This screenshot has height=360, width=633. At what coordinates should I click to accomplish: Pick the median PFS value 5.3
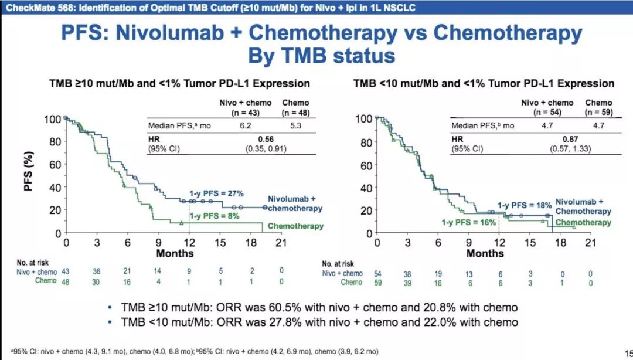295,125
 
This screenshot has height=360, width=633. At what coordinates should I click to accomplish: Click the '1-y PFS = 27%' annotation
216,193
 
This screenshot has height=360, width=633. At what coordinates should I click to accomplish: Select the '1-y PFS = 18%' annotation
525,205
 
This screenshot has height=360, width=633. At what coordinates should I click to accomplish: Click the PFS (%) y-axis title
29,176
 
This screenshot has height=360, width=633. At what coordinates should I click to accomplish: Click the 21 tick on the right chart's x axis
591,242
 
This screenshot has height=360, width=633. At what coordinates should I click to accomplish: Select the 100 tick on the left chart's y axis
51,119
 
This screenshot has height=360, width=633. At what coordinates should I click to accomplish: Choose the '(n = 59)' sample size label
598,111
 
